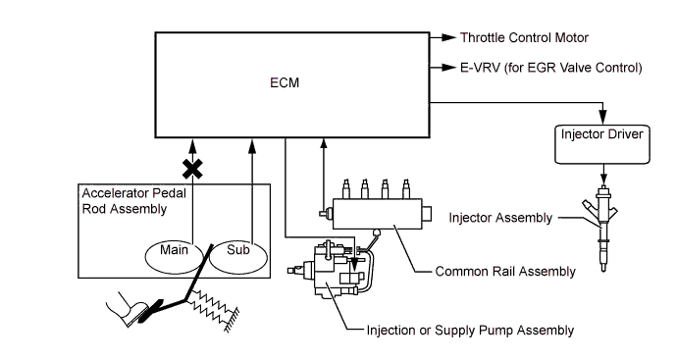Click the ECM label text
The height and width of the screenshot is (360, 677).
285,82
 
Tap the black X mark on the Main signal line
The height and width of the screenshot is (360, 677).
192,169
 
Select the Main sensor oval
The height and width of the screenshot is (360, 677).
174,256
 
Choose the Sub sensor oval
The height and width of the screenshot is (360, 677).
238,257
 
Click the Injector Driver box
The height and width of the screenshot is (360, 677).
601,144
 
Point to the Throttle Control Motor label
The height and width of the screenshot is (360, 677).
524,37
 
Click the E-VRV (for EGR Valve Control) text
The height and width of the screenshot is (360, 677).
551,68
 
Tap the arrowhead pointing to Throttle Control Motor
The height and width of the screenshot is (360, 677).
449,37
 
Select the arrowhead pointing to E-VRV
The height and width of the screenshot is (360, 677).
449,68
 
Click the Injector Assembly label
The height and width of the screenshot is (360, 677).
500,218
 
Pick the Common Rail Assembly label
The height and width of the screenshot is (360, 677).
505,271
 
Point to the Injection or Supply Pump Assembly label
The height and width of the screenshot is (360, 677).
470,331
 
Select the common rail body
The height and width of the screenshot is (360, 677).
377,214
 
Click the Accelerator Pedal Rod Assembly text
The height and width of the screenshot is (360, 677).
133,201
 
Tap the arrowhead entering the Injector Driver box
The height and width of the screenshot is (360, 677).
602,118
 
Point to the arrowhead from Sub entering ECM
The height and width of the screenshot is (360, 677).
252,146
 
